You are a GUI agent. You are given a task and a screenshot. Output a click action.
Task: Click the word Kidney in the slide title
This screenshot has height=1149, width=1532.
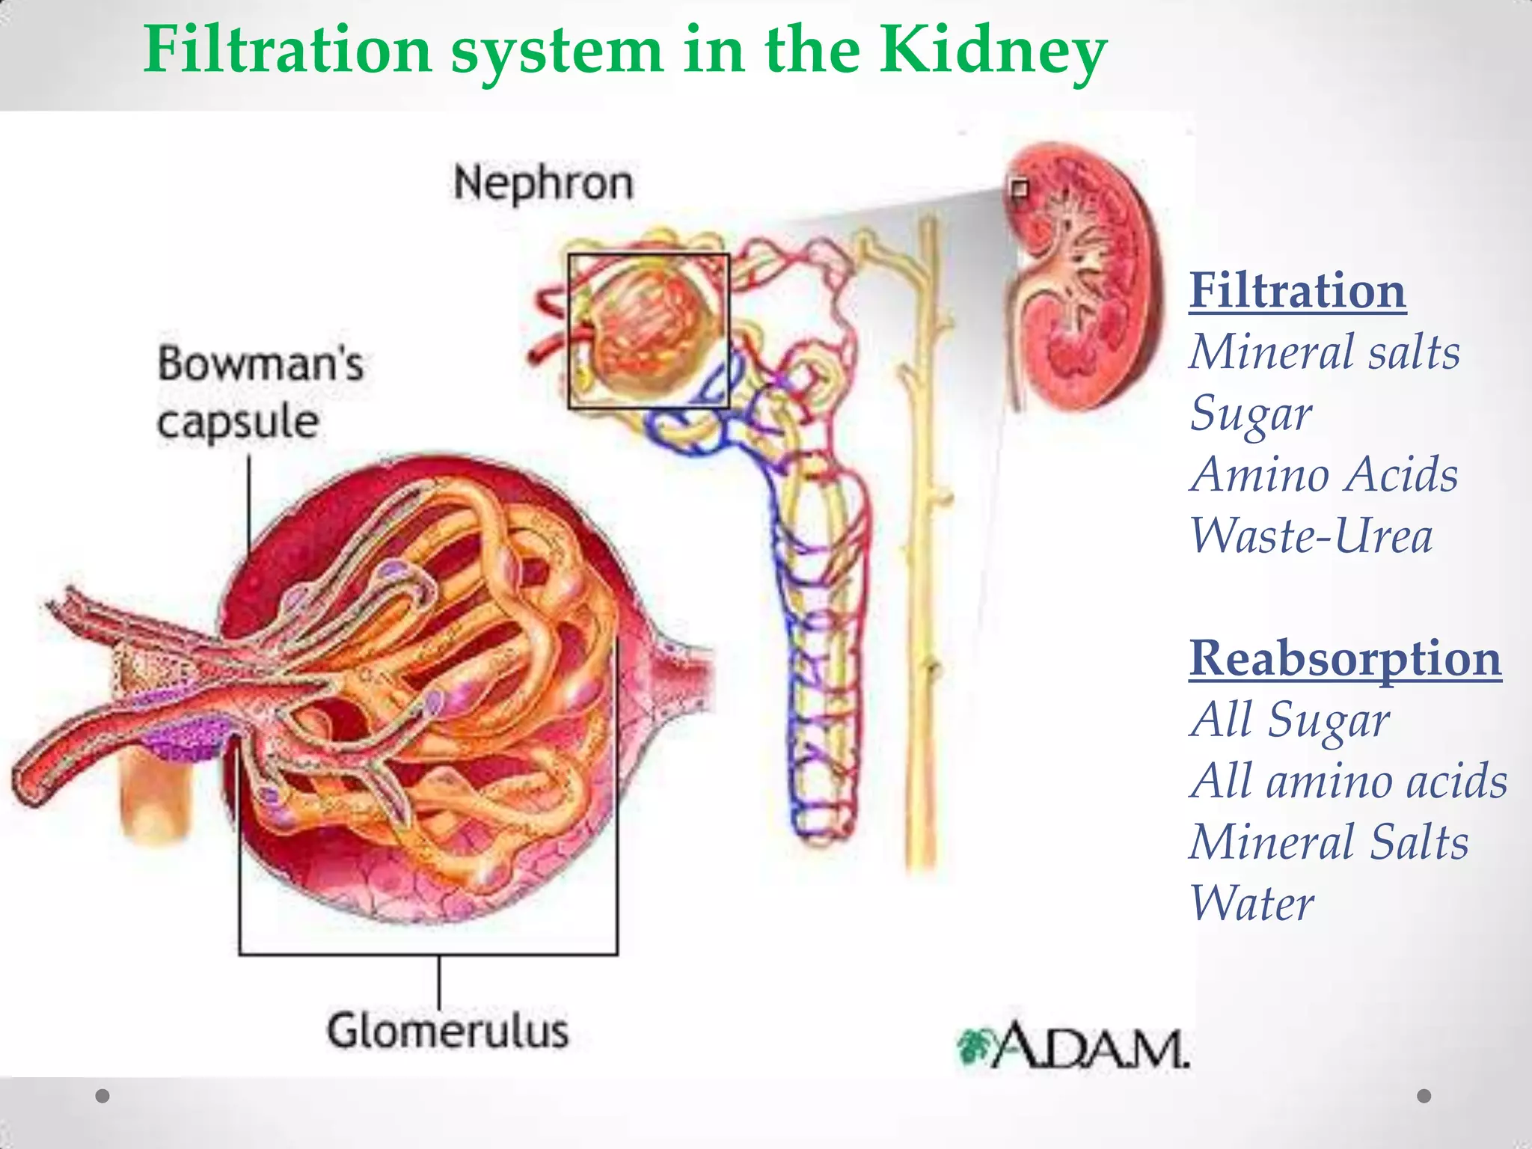pyautogui.click(x=992, y=51)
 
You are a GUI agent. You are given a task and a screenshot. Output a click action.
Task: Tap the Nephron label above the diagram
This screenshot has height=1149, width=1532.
pyautogui.click(x=543, y=183)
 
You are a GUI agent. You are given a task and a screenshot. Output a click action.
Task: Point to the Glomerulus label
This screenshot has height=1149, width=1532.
pyautogui.click(x=447, y=1031)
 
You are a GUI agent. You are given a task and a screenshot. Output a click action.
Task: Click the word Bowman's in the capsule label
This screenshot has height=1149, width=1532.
pyautogui.click(x=260, y=364)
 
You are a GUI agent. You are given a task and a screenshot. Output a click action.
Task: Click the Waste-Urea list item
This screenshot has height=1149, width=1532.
pyautogui.click(x=1311, y=536)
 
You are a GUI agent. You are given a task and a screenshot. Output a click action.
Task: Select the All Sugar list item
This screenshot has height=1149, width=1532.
pyautogui.click(x=1290, y=720)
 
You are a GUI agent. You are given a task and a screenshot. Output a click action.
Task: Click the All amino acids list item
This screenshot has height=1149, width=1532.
pyautogui.click(x=1348, y=781)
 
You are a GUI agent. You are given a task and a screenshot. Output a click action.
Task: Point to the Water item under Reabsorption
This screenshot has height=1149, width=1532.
pyautogui.click(x=1251, y=904)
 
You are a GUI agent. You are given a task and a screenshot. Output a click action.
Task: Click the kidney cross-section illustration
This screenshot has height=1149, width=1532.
pyautogui.click(x=1085, y=277)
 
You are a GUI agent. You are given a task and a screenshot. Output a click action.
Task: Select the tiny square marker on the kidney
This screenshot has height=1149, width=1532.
pyautogui.click(x=1019, y=188)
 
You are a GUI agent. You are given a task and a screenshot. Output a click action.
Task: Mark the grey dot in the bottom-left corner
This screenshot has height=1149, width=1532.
pyautogui.click(x=102, y=1096)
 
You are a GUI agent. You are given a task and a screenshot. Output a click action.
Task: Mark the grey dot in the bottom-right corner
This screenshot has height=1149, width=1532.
pyautogui.click(x=1424, y=1096)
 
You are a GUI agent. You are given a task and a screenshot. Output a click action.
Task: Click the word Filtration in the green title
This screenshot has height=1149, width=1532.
pyautogui.click(x=288, y=51)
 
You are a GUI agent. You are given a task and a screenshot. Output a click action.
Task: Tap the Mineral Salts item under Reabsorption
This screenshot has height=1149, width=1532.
pyautogui.click(x=1329, y=842)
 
